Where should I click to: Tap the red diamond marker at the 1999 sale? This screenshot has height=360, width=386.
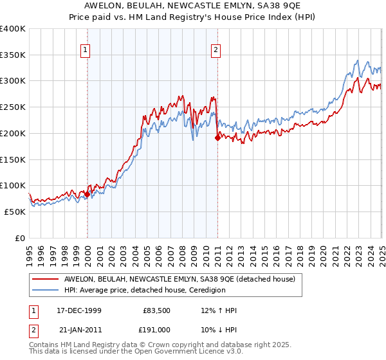[x=87, y=194]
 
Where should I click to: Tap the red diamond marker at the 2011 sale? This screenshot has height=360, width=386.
[x=218, y=138]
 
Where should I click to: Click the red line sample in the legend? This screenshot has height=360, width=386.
[x=45, y=279]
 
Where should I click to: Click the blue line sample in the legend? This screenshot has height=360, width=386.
[x=45, y=290]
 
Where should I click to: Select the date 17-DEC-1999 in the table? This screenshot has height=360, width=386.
[x=78, y=310]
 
